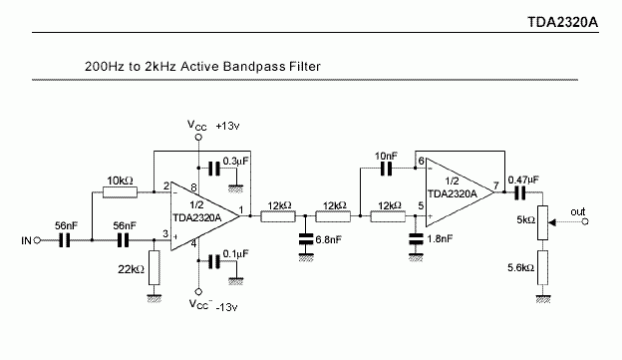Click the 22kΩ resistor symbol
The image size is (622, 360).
pyautogui.click(x=153, y=266)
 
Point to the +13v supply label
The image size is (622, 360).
pyautogui.click(x=228, y=127)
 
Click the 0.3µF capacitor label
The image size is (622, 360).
pyautogui.click(x=237, y=160)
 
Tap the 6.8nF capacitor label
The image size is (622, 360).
pyautogui.click(x=329, y=240)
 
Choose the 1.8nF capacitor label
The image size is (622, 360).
pyautogui.click(x=440, y=240)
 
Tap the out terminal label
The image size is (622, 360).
pyautogui.click(x=577, y=211)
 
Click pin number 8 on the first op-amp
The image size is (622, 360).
pyautogui.click(x=192, y=185)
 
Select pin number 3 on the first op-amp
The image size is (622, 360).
pyautogui.click(x=165, y=234)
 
